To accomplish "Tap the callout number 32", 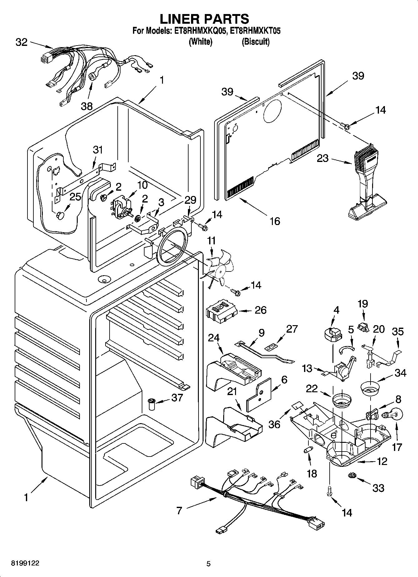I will coord(22,42).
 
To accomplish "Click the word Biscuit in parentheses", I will coord(255,42).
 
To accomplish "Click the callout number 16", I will coord(274,221).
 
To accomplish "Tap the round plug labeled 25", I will coord(61,215).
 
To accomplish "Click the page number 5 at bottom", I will coord(209,564).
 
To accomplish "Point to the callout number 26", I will coord(260,310).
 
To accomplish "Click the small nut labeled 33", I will coord(352,475).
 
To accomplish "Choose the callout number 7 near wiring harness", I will coord(179,511).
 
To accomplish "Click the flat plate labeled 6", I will coord(259,395).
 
